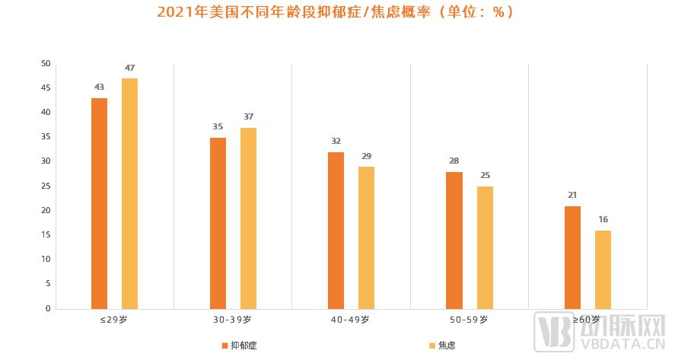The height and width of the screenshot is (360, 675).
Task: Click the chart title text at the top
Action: point(335,12)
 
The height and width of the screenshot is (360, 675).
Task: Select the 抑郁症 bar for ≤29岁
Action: point(99,203)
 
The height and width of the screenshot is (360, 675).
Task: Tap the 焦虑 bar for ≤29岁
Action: point(129,193)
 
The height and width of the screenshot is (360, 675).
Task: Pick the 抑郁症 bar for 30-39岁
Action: point(218,223)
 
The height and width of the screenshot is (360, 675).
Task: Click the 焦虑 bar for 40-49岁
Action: point(366,237)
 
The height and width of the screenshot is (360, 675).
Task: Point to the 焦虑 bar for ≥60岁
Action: point(603,269)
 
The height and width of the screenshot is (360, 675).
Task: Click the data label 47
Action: point(129,68)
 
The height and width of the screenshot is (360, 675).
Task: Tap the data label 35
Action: point(218,127)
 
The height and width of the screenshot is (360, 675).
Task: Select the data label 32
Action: point(336,142)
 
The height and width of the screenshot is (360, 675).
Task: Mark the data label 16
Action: point(603,220)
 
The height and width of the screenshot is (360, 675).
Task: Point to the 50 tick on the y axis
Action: point(46,64)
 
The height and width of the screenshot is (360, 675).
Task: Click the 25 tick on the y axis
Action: point(46,186)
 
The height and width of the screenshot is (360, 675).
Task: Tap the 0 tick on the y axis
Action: point(48,309)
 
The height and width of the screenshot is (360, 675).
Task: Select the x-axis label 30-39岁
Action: point(234,320)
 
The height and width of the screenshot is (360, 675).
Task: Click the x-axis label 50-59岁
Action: point(470,320)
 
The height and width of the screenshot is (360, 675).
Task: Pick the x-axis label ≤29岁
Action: point(115,320)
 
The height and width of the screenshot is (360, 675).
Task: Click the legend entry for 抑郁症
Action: point(239,346)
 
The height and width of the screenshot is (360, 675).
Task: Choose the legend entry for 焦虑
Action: point(442,346)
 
